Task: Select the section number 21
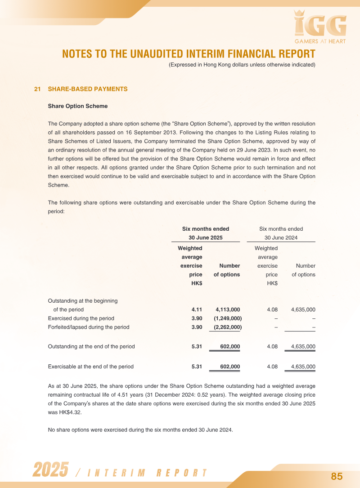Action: pyautogui.click(x=37, y=89)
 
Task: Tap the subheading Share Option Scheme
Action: pyautogui.click(x=77, y=106)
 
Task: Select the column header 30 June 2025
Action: pyautogui.click(x=205, y=238)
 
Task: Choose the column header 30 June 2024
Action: pyautogui.click(x=281, y=238)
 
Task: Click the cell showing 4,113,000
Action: pyautogui.click(x=228, y=309)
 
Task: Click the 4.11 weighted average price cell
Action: pyautogui.click(x=197, y=309)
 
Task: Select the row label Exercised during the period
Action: pyautogui.click(x=81, y=318)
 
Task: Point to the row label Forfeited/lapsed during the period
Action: pyautogui.click(x=88, y=327)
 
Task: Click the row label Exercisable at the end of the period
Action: pyautogui.click(x=90, y=367)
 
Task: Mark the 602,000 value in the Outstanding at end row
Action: pyautogui.click(x=229, y=346)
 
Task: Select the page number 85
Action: pyautogui.click(x=337, y=476)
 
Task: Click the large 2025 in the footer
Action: pyautogui.click(x=50, y=470)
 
